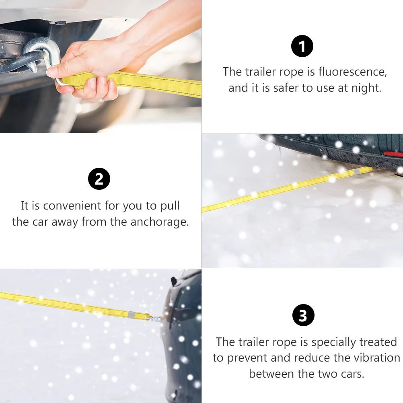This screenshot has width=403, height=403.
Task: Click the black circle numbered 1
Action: (x=302, y=46)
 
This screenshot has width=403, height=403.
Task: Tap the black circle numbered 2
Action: (x=99, y=179)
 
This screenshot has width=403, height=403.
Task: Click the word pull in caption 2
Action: (x=169, y=206)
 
